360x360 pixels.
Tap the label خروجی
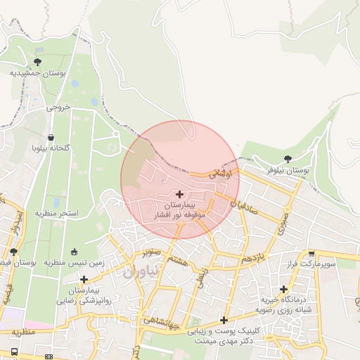tap(59, 108)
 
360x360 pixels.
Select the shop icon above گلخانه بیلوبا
tap(51, 138)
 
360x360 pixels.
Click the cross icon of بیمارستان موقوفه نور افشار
tap(179, 193)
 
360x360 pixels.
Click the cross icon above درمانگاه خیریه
tap(284, 288)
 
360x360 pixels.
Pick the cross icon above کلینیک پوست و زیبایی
tap(224, 320)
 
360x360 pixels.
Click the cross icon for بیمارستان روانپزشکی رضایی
tap(84, 279)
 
